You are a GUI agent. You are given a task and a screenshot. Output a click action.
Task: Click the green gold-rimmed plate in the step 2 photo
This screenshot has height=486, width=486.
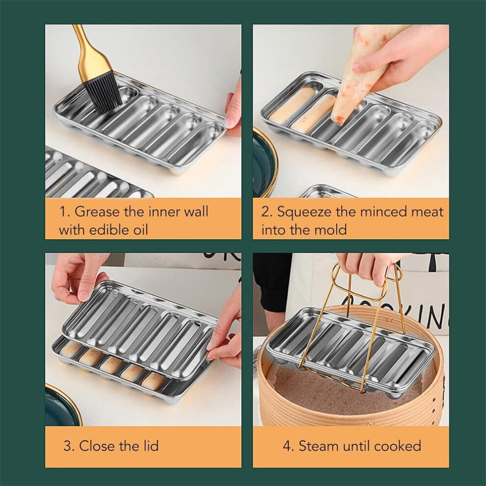[x=264, y=164]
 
